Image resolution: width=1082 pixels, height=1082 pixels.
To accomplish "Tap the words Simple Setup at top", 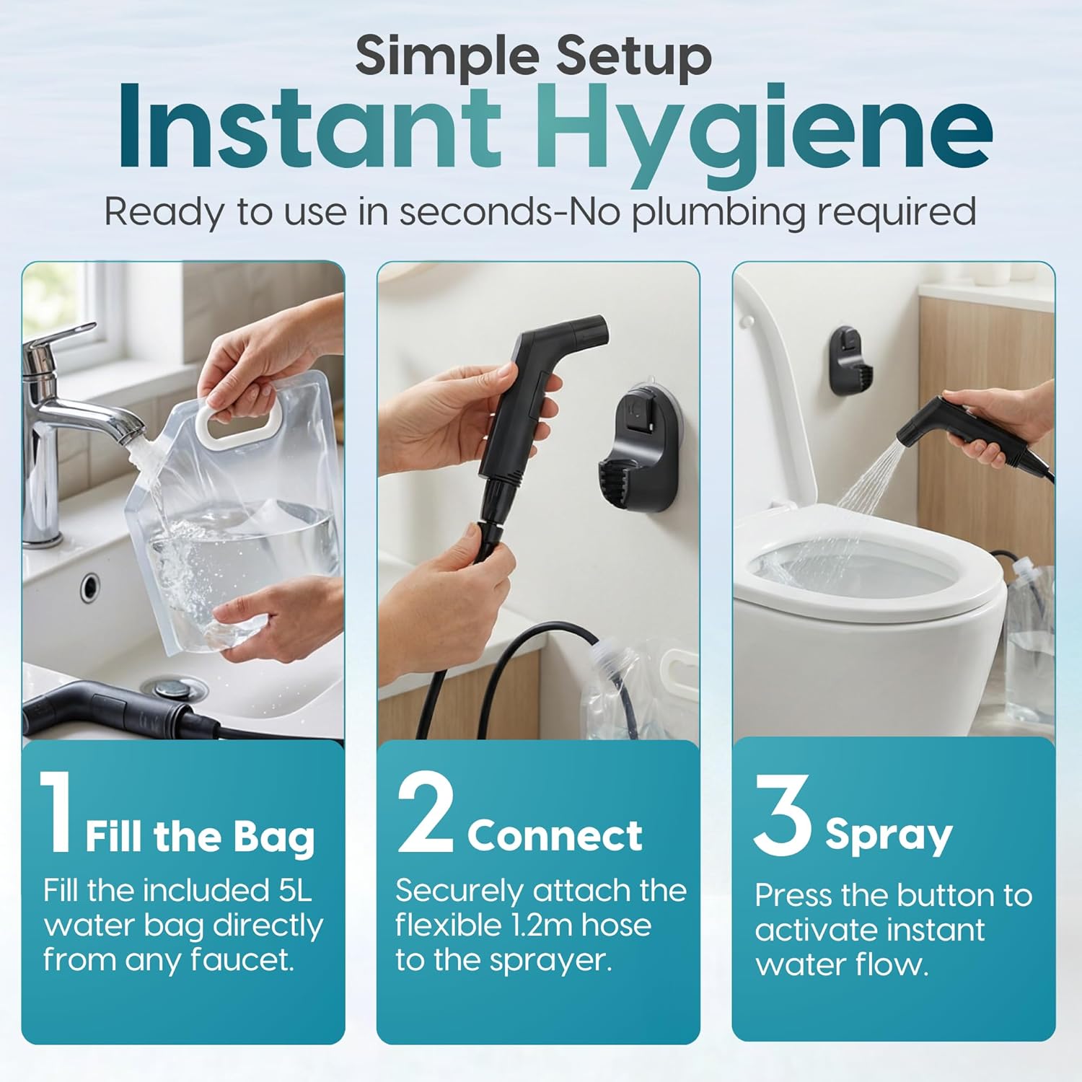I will click(x=534, y=56).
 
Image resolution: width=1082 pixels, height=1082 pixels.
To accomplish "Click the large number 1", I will click(x=56, y=814).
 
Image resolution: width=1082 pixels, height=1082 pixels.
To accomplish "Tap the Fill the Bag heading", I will click(x=201, y=837).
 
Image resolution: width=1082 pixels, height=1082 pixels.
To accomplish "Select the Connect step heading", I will click(x=554, y=835).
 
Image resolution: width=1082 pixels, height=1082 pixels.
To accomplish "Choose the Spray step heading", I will click(x=889, y=835).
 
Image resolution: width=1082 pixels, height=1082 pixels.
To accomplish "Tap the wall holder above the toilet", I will click(x=851, y=361).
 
